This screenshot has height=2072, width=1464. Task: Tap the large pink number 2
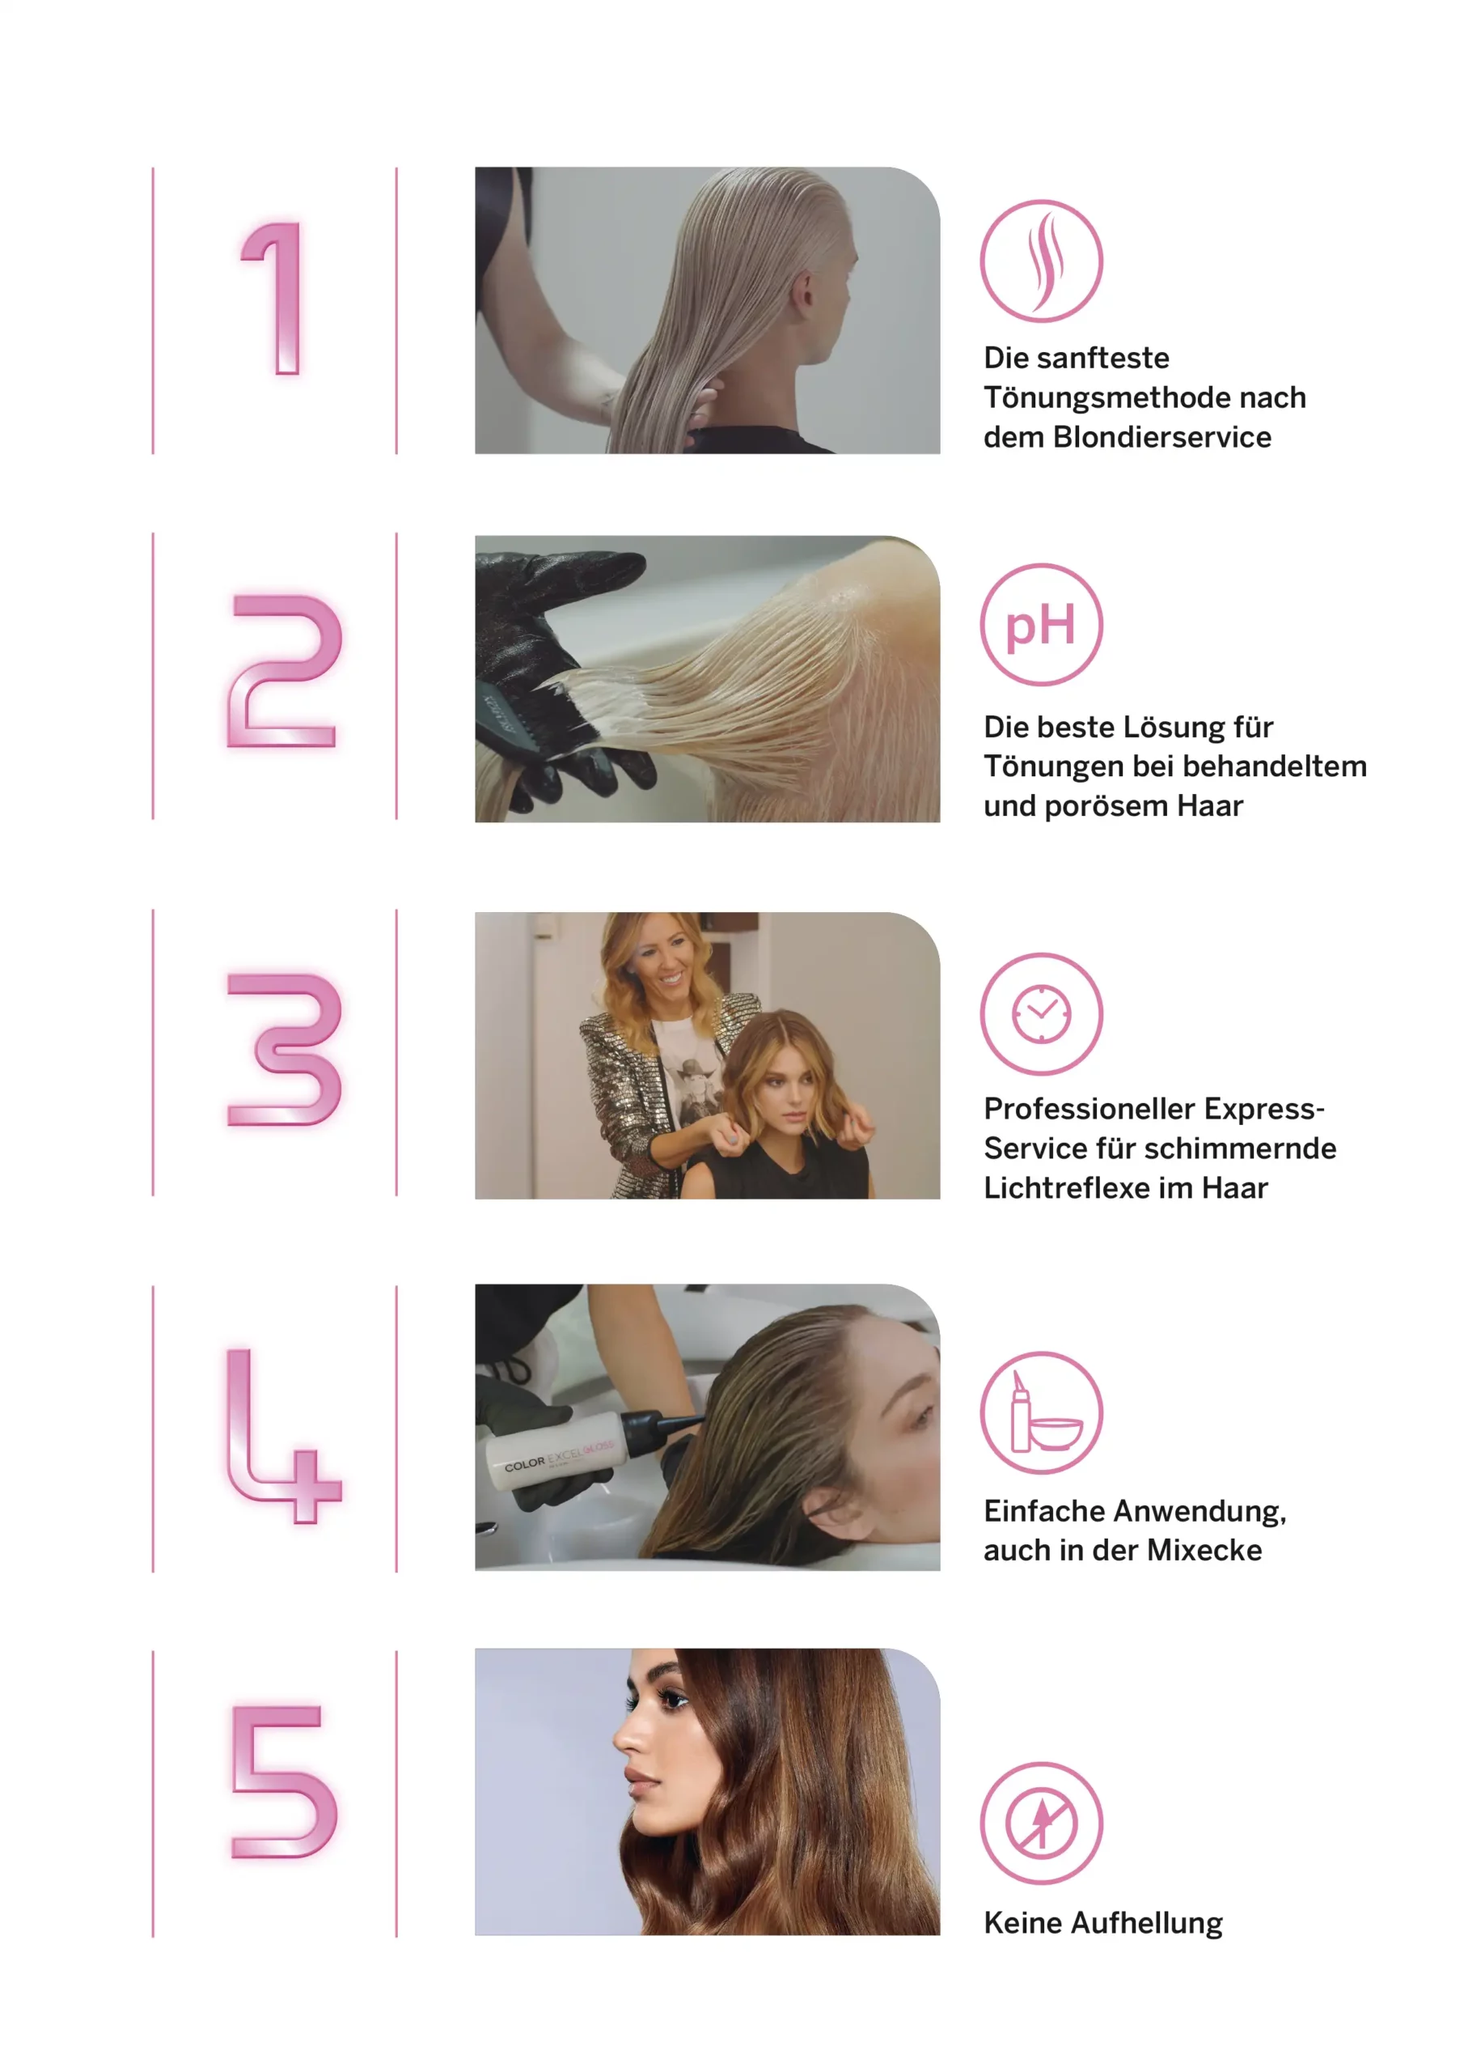284,670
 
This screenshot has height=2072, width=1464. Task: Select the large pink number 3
285,1050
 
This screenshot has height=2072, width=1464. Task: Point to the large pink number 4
283,1436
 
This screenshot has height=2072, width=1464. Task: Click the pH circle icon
1041,625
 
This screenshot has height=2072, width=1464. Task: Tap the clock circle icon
1041,1013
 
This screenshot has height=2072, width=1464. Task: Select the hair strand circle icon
1041,261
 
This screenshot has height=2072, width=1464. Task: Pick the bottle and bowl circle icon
1041,1412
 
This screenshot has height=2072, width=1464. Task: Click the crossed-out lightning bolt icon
1041,1823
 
